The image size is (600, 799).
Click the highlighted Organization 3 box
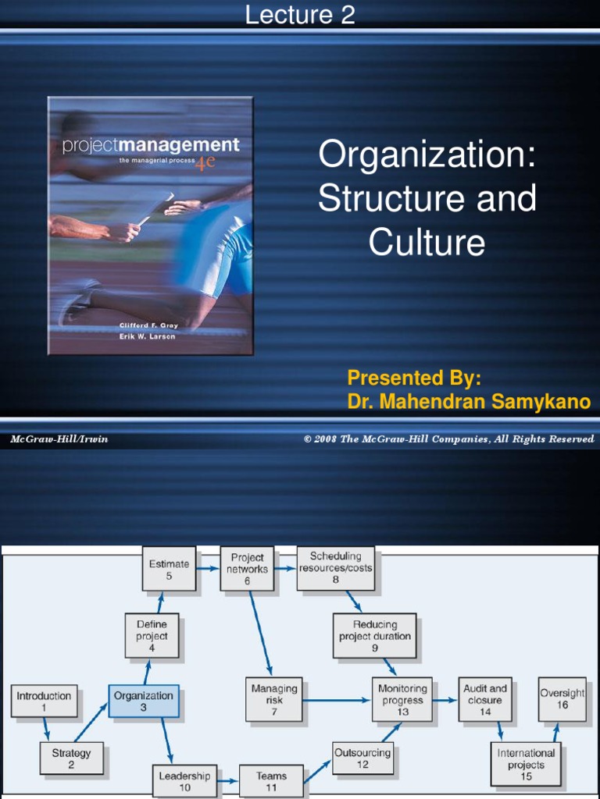144,701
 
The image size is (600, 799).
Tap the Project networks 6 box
247,569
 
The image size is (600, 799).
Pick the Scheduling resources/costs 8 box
335,568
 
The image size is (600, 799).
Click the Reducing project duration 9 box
374,636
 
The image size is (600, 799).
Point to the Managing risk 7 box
274,700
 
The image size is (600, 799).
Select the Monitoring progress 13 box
402,700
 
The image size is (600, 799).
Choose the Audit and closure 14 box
485,700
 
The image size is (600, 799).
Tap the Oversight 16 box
562,699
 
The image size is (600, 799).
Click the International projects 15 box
526,764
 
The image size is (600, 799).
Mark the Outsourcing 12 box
362,758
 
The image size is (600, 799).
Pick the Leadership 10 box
184,781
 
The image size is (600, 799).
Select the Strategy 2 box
71,758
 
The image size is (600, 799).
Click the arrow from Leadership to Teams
228,780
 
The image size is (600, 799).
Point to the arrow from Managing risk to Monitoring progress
337,700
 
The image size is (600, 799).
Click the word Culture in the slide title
427,243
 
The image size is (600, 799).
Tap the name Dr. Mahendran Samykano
469,402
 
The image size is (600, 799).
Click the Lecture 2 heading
300,15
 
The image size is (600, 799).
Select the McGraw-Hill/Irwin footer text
59,439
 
